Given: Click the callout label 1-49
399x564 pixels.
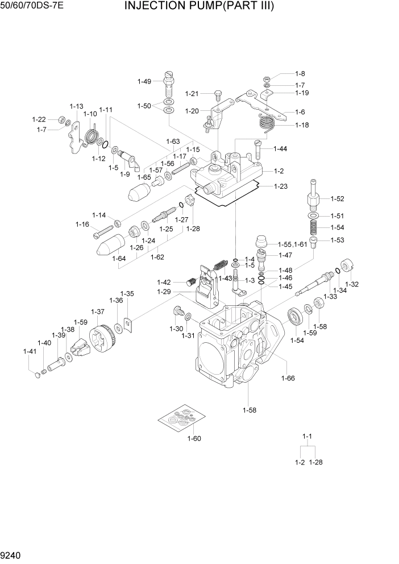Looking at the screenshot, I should pos(144,81).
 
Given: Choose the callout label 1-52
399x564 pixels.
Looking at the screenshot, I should pos(337,199).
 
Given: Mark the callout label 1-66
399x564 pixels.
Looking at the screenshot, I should pos(288,378).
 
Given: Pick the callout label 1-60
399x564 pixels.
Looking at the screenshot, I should pos(194,438).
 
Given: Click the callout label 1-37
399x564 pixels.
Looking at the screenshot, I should pos(98,312).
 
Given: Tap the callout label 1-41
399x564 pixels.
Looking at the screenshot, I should pos(30,352).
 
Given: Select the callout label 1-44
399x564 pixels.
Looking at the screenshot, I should pos(280,149).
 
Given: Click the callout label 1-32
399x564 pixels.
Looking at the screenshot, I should pos(352,284).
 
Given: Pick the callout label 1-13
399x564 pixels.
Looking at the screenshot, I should pos(76,106).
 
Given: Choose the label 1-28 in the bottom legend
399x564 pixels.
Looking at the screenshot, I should pos(315,462).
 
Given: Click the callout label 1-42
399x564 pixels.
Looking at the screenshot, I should pos(164,283).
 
